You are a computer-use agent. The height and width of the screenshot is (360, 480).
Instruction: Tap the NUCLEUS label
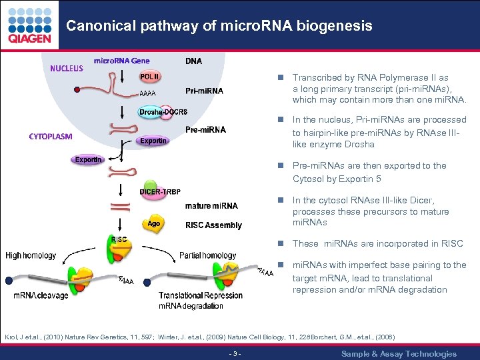click(x=67, y=68)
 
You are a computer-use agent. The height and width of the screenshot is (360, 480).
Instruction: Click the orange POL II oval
click(x=149, y=76)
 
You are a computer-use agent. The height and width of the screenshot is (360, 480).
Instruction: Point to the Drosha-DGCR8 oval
click(x=163, y=111)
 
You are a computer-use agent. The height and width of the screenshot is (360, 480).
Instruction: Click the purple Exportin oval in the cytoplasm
click(x=88, y=160)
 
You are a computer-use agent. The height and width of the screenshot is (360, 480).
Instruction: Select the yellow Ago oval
click(x=154, y=224)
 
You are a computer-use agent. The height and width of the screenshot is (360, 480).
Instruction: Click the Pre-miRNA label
click(x=205, y=129)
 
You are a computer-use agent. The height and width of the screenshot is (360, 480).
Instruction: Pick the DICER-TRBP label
click(x=160, y=192)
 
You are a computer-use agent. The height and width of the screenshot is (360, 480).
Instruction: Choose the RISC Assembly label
click(x=213, y=225)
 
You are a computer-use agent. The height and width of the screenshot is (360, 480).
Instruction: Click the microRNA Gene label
click(x=121, y=61)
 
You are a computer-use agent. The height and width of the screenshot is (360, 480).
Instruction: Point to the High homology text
click(x=32, y=255)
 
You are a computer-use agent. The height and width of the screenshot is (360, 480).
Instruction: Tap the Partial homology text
click(x=207, y=255)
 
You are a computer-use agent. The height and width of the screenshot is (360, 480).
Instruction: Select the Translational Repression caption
click(x=201, y=295)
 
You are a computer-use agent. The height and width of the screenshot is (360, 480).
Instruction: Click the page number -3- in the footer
click(x=235, y=353)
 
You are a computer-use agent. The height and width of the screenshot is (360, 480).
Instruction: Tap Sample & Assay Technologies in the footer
click(x=399, y=353)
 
